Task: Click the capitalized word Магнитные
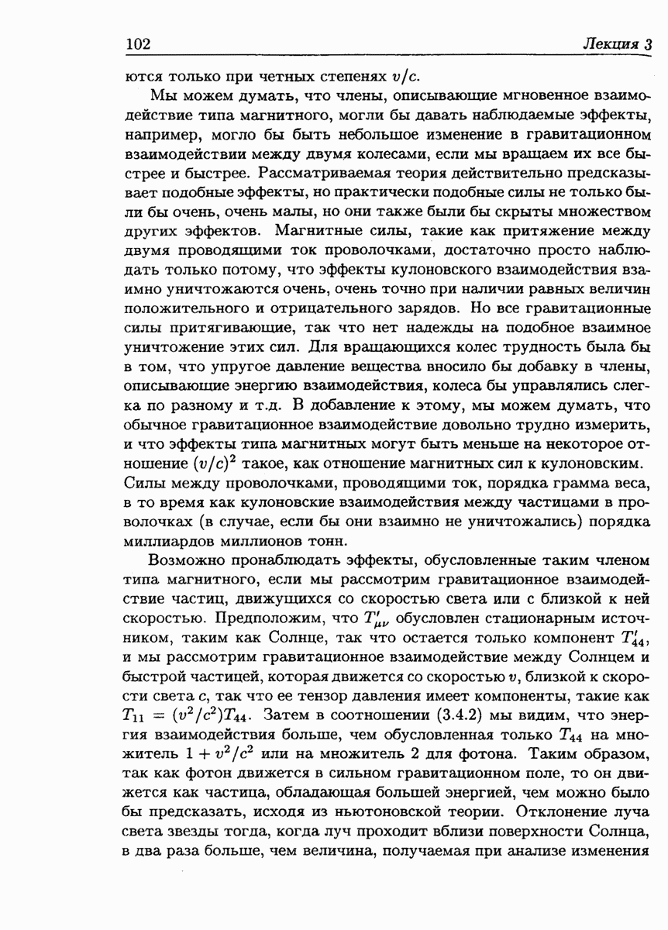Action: click(x=318, y=229)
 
